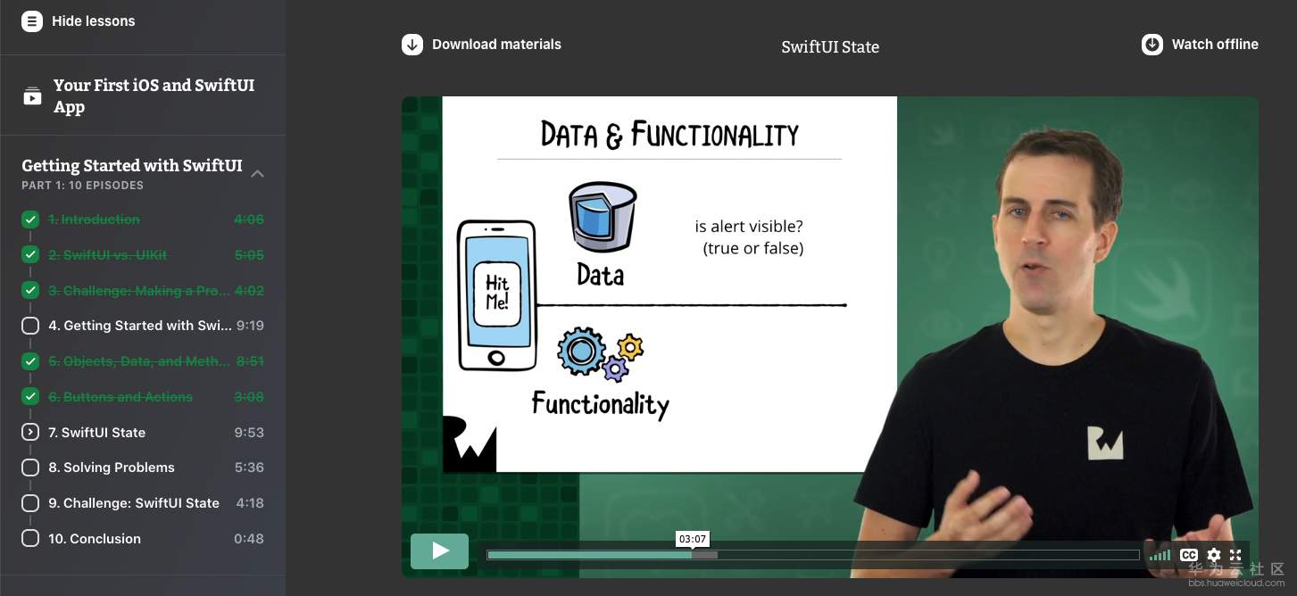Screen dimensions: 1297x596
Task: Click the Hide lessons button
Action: point(79,21)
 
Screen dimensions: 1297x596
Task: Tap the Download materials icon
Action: point(412,45)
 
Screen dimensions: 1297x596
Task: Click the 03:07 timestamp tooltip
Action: point(693,539)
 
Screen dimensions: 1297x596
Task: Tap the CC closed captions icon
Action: point(1189,556)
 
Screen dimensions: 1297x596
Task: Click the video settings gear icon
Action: point(1214,556)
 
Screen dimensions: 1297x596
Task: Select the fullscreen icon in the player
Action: point(1235,556)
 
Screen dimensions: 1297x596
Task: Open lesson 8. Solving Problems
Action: point(112,468)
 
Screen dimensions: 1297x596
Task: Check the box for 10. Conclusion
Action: point(30,538)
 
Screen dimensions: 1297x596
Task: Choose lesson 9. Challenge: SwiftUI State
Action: point(134,503)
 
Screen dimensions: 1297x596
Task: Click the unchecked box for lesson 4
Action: point(30,326)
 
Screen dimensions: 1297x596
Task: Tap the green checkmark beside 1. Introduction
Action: point(30,219)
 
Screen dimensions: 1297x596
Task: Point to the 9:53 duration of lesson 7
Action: point(249,432)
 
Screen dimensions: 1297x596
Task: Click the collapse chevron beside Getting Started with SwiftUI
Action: point(258,174)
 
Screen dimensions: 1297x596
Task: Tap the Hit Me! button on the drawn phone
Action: point(497,293)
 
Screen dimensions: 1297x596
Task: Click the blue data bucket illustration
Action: point(603,217)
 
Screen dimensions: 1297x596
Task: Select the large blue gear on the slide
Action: point(581,351)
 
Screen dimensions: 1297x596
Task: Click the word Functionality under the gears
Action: point(601,404)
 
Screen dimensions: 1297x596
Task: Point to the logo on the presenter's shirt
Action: point(1105,443)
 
